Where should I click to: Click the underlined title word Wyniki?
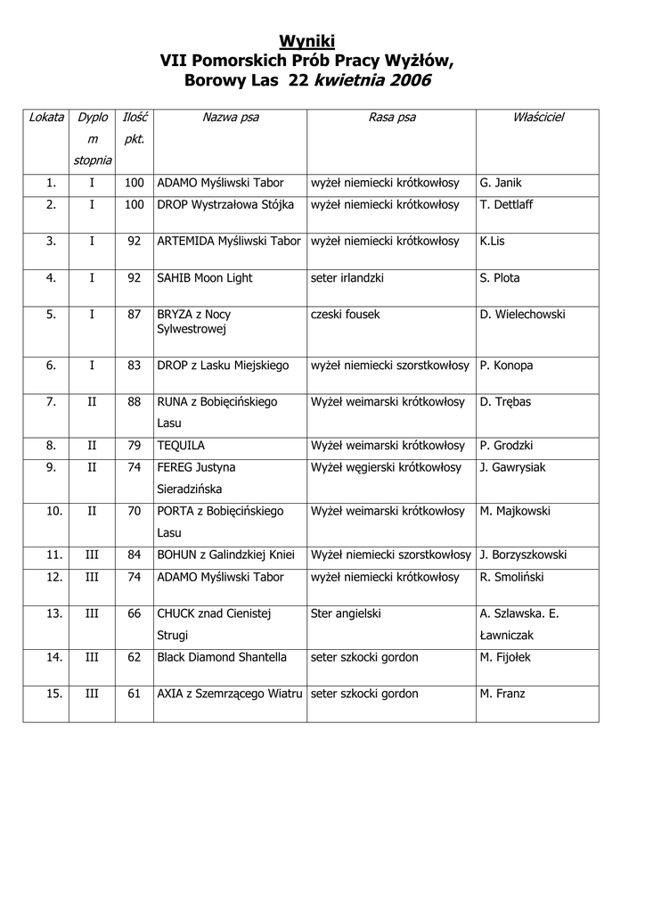pyautogui.click(x=307, y=41)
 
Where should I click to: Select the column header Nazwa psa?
pyautogui.click(x=231, y=118)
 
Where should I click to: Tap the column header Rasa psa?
pyautogui.click(x=392, y=118)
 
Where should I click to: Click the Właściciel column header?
pyautogui.click(x=538, y=118)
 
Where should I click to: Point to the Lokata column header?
pyautogui.click(x=46, y=118)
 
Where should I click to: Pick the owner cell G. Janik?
pyautogui.click(x=501, y=183)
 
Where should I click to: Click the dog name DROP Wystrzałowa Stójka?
pyautogui.click(x=225, y=204)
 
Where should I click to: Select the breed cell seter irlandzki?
pyautogui.click(x=347, y=278)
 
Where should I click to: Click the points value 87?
pyautogui.click(x=135, y=315)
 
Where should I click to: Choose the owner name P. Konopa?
pyautogui.click(x=506, y=366)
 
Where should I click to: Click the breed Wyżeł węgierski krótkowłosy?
pyautogui.click(x=386, y=467)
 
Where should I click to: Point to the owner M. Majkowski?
pyautogui.click(x=515, y=512)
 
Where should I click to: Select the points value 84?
pyautogui.click(x=135, y=555)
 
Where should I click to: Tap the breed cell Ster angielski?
pyautogui.click(x=346, y=613)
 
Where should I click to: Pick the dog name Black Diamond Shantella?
pyautogui.click(x=222, y=657)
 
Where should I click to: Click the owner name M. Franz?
pyautogui.click(x=502, y=694)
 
